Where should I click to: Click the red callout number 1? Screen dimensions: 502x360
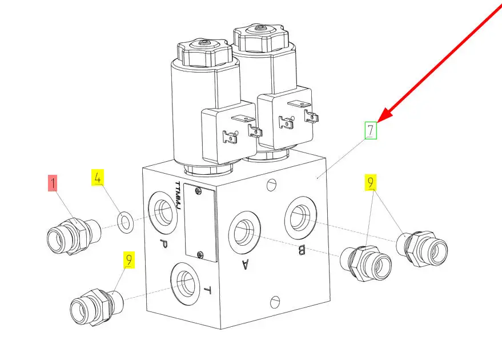53,183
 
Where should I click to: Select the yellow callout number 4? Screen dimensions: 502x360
98,178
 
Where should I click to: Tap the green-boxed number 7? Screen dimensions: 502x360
371,130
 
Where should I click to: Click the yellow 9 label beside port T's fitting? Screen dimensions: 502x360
128,259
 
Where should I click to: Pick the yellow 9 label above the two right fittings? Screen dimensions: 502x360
371,182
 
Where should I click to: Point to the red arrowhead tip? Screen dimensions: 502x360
377,122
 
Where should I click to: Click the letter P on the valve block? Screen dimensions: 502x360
163,245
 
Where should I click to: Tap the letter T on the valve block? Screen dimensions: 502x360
207,290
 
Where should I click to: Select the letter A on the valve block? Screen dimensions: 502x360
245,264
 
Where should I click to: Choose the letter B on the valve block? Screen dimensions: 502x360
302,250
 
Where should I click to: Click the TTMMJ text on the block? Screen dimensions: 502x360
178,196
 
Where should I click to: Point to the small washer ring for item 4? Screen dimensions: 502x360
126,222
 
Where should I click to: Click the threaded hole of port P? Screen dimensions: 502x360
163,213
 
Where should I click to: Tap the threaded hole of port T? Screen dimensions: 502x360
186,283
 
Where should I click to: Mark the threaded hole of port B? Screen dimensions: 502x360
300,218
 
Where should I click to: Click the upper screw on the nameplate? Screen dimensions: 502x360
198,191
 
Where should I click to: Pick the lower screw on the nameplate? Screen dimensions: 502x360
200,255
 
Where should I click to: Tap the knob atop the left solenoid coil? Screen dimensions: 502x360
204,53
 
